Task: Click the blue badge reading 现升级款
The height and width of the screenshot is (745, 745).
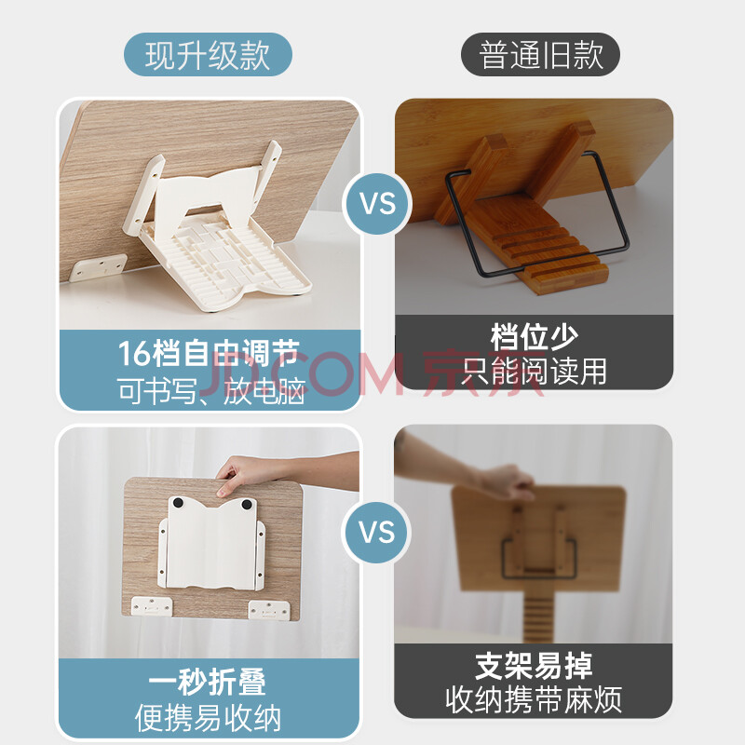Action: [208, 55]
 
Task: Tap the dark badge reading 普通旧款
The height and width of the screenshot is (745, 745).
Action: [541, 55]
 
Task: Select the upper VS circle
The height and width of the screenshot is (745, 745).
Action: [377, 203]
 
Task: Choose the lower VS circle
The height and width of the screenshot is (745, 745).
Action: [377, 532]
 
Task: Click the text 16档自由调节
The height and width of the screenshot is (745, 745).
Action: [209, 353]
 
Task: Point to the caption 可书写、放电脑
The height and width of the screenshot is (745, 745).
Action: [211, 391]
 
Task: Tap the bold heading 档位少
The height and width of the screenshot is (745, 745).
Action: [534, 337]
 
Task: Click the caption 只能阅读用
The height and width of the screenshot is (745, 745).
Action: [534, 371]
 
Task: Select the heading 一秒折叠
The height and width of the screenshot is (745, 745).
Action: [208, 682]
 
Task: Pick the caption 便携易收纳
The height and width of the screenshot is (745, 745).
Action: [208, 718]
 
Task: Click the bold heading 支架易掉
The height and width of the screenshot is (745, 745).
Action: [534, 666]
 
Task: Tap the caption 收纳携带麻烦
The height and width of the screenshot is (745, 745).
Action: [534, 700]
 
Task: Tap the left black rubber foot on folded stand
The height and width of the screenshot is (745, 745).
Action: [178, 503]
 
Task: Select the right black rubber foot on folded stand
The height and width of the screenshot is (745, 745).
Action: [247, 504]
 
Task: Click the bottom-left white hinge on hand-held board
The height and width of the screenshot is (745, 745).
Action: [152, 606]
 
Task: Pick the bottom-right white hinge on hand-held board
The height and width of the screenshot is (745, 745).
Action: [268, 610]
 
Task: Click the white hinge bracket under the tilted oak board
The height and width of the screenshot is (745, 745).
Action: [99, 268]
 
